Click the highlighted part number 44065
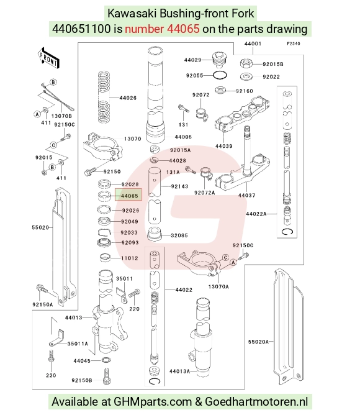coord(129,196)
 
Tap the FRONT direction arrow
coord(48,58)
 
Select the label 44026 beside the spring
coord(128,98)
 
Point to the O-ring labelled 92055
coord(220,75)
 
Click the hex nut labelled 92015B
coord(246,64)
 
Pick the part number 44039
coord(224,146)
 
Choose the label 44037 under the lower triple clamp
coord(246,195)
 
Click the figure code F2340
coord(294,43)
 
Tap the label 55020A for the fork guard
coord(258,342)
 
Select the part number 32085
coord(179,235)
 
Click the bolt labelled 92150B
coord(107,376)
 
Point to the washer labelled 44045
coord(106,360)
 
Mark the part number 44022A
coord(256,214)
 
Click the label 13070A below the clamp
coord(218,286)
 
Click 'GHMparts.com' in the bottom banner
coord(153,402)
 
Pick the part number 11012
coord(130,258)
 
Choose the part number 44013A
coord(179,372)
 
